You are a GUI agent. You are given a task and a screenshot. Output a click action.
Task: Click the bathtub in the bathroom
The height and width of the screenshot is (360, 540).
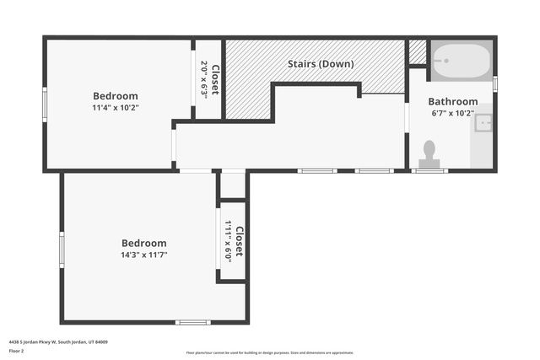(461, 61)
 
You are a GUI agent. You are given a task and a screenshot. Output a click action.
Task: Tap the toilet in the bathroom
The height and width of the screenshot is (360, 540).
(429, 153)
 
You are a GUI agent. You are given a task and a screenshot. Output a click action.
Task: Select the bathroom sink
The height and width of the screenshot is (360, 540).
(483, 123)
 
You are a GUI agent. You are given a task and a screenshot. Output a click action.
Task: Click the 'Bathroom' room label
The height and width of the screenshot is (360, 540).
(452, 101)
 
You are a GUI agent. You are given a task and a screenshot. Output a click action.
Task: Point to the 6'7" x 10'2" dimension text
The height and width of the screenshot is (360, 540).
(452, 113)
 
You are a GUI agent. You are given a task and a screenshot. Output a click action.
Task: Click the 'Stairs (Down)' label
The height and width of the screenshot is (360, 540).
(321, 64)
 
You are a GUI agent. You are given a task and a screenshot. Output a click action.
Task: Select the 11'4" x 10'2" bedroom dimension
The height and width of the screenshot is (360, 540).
(116, 108)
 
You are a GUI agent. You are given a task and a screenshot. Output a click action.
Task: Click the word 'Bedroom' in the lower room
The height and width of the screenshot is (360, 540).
(143, 243)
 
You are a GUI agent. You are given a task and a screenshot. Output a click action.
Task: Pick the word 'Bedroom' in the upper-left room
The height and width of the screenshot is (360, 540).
(116, 96)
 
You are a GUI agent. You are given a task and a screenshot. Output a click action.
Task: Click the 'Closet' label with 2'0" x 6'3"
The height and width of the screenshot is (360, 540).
(215, 79)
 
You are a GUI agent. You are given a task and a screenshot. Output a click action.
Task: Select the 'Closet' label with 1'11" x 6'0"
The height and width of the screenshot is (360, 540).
(240, 242)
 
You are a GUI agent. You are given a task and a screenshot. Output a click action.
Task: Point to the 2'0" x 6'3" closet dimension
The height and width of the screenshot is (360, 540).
(204, 79)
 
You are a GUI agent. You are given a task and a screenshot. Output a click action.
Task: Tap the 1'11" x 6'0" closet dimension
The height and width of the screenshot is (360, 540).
(228, 242)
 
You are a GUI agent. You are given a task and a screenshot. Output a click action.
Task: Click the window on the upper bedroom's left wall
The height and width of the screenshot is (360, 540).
(45, 105)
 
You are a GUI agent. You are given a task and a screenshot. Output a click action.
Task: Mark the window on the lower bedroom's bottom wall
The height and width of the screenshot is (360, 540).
(192, 322)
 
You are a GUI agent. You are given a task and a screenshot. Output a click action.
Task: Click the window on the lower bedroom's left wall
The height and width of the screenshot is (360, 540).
(62, 250)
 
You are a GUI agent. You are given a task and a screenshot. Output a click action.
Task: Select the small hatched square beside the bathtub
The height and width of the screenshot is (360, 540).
(418, 52)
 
